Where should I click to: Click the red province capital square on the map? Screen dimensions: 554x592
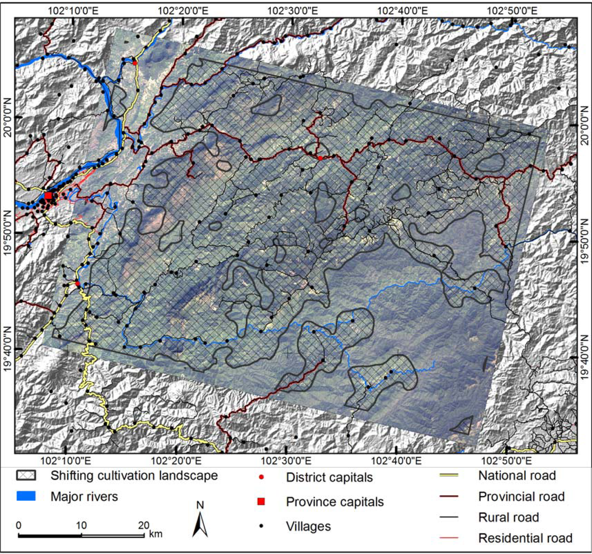[x=48, y=196]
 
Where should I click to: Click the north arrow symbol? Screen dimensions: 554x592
[x=200, y=523]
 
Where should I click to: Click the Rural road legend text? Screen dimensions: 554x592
[x=509, y=517]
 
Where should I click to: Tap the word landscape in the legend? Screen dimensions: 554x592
[x=188, y=476]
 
